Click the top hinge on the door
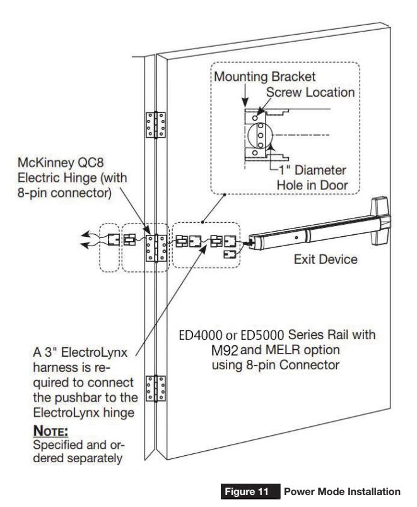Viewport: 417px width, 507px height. point(154,124)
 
